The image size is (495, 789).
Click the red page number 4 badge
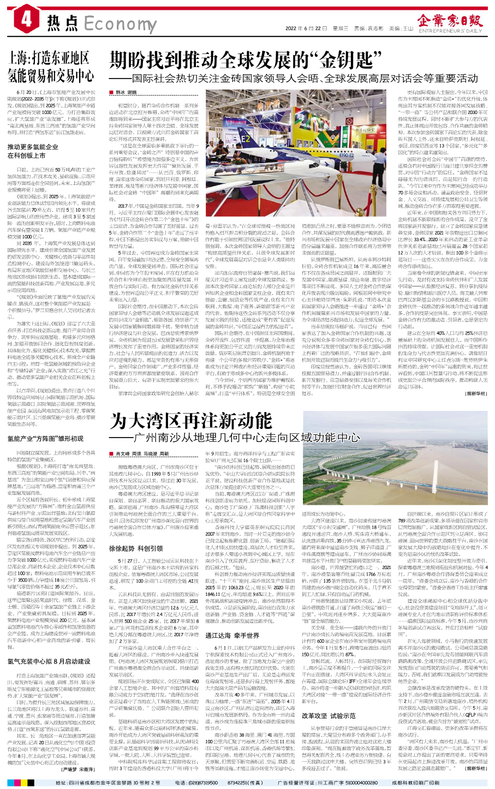tap(26, 21)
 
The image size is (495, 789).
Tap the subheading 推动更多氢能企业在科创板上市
tap(32, 151)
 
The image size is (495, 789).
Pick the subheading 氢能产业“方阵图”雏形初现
tap(45, 438)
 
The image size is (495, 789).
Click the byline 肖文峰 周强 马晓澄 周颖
tap(142, 453)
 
